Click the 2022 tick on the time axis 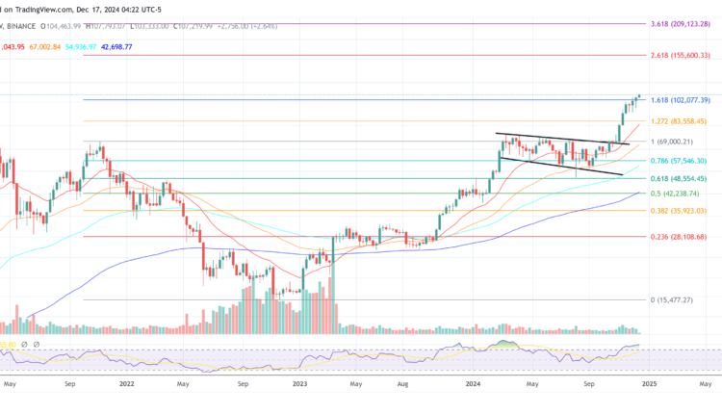click(126, 383)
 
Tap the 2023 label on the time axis click(299, 383)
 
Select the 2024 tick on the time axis click(474, 383)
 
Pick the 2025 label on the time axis click(648, 383)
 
